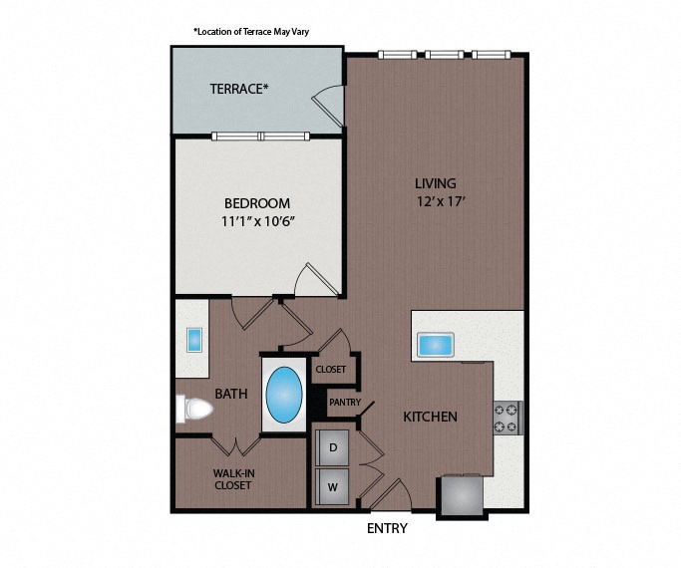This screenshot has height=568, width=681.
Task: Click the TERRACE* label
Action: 239,89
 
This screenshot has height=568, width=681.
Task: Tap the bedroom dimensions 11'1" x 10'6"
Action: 258,222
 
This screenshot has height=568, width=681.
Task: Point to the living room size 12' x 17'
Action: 441,201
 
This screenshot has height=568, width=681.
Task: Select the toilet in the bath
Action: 194,409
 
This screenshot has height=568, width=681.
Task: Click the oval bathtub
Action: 284,395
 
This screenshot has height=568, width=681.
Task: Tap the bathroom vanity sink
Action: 194,340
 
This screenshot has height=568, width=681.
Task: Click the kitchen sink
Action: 436,345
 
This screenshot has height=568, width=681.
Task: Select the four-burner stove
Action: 508,418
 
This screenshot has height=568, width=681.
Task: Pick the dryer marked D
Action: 333,447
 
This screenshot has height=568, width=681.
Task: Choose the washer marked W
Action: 333,487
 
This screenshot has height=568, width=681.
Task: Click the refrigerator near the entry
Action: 462,495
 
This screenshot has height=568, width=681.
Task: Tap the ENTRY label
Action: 388,528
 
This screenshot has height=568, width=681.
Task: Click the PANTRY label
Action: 345,403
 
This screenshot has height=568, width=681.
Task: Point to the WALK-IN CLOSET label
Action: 233,479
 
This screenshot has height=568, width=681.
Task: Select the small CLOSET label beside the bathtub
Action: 331,370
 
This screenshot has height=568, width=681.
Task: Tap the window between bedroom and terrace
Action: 260,137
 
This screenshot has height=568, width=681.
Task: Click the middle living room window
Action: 445,55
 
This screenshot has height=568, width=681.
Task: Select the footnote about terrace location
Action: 251,32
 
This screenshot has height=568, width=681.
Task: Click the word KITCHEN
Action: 430,417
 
